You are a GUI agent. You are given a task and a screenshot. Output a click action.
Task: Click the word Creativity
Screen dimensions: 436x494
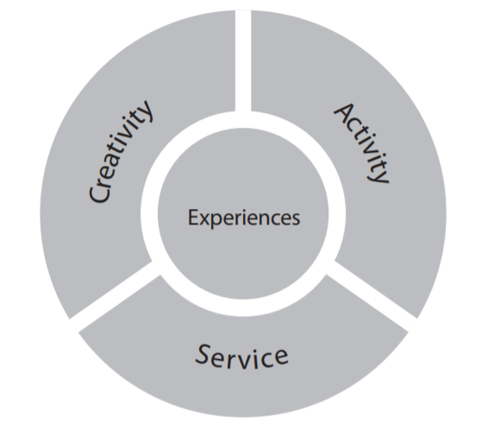[122, 152]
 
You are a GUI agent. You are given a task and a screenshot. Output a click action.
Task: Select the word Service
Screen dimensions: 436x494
[241, 354]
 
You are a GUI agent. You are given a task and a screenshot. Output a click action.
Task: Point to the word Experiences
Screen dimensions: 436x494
[244, 216]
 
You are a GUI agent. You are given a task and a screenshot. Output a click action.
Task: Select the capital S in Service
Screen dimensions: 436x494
[203, 351]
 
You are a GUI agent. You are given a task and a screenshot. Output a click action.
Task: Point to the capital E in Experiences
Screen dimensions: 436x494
[192, 216]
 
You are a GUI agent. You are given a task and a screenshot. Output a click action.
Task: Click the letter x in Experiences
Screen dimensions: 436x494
[202, 217]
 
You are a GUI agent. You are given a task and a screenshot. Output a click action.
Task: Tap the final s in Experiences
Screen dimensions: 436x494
[296, 217]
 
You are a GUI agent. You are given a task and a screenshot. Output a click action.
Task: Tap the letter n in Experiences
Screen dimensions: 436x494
[266, 217]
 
